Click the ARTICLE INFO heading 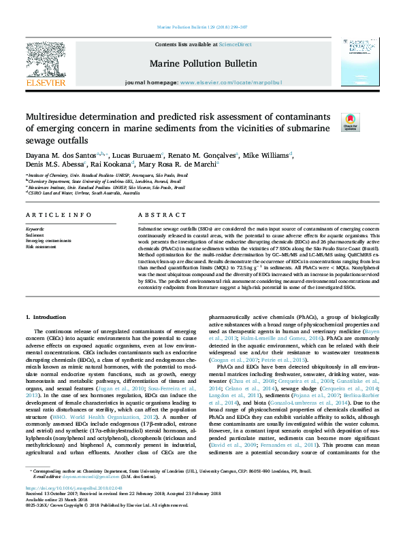point(59,215)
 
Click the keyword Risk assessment point(40,247)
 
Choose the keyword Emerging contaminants point(49,241)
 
